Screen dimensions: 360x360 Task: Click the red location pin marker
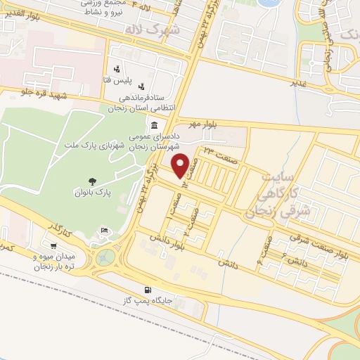tap(180, 165)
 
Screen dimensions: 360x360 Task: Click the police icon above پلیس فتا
tap(117, 69)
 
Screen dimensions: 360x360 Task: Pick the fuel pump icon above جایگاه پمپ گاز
tap(147, 290)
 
